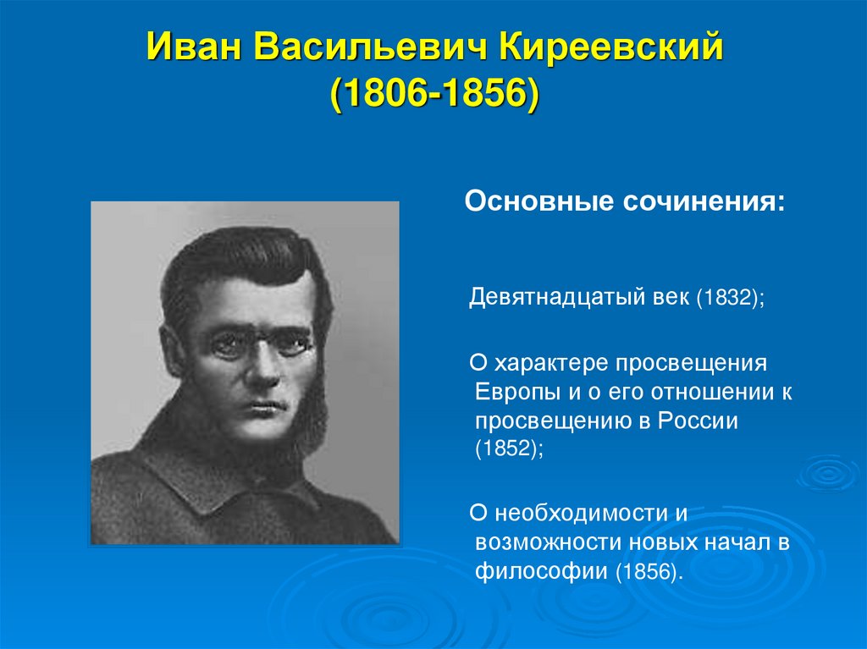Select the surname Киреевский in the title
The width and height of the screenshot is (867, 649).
point(613,49)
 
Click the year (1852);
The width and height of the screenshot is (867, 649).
point(509,450)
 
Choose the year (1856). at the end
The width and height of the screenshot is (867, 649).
point(649,571)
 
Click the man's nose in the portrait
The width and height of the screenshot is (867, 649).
point(254,372)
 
